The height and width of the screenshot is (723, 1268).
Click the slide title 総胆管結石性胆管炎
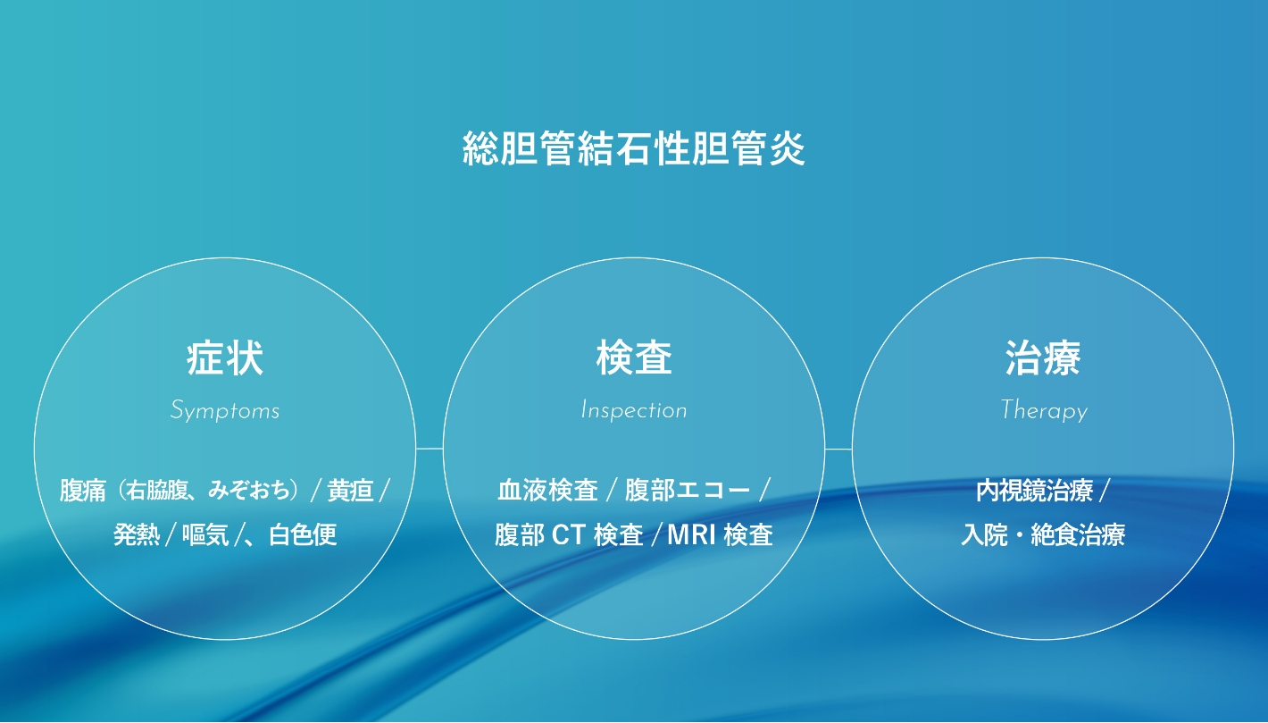pos(633,148)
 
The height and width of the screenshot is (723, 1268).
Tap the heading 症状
pos(225,358)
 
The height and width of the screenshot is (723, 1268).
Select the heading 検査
pos(634,358)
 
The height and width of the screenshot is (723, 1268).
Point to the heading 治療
pos(1043,358)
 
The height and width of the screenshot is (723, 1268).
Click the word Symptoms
pos(225,410)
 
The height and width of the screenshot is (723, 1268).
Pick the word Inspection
pos(634,410)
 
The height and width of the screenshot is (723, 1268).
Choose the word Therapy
pos(1044,411)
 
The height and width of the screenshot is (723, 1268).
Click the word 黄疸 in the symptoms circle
pos(350,491)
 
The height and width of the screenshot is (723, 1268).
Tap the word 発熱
pos(137,534)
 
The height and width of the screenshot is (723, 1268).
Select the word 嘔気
pos(205,534)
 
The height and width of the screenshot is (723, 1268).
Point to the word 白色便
pos(303,534)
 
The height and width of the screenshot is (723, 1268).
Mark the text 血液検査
pos(547,491)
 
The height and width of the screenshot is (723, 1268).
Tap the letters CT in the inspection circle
pos(568,535)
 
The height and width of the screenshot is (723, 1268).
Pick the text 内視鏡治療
pos(1034,491)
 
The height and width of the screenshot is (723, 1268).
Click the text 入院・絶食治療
pos(1043,534)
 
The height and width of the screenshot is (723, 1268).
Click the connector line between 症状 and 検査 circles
pos(430,449)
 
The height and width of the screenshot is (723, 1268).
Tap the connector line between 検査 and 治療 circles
pos(838,449)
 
